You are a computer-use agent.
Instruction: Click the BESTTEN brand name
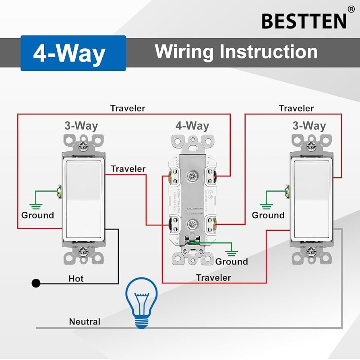pyautogui.click(x=304, y=21)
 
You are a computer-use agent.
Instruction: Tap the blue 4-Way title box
pyautogui.click(x=73, y=53)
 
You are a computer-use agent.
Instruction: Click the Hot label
pyautogui.click(x=76, y=278)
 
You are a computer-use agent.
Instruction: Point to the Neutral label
pyautogui.click(x=85, y=321)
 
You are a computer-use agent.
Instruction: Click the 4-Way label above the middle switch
pyautogui.click(x=192, y=126)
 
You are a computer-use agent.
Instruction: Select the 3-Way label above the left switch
pyautogui.click(x=81, y=126)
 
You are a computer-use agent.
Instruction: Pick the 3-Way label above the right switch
pyautogui.click(x=309, y=126)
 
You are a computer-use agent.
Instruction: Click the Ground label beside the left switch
pyautogui.click(x=37, y=215)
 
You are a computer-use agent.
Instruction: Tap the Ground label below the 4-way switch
pyautogui.click(x=232, y=261)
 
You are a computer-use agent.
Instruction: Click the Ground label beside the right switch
pyautogui.click(x=268, y=215)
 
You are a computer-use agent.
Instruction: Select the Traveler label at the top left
pyautogui.click(x=128, y=108)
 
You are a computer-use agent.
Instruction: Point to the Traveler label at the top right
pyautogui.click(x=296, y=108)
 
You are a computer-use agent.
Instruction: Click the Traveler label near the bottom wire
pyautogui.click(x=213, y=277)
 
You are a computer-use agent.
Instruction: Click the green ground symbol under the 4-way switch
pyautogui.click(x=232, y=253)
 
